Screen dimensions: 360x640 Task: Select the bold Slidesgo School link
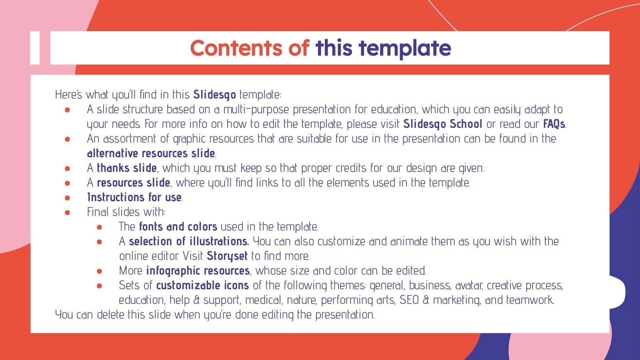442,124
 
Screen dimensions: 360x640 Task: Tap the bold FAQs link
554,124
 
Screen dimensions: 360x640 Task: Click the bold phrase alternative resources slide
151,154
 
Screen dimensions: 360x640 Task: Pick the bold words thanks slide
126,168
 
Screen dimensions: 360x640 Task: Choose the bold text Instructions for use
134,197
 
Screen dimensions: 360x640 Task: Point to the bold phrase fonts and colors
178,227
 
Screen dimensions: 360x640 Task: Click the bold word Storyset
227,256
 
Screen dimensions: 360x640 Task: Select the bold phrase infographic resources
198,271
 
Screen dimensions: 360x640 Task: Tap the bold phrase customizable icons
202,286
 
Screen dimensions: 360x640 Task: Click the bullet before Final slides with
67,212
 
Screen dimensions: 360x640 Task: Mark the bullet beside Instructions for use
67,198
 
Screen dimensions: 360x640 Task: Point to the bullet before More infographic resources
99,271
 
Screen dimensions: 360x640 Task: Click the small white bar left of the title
35,48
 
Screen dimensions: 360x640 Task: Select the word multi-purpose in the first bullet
256,110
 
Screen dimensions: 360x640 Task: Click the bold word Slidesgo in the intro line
214,95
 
